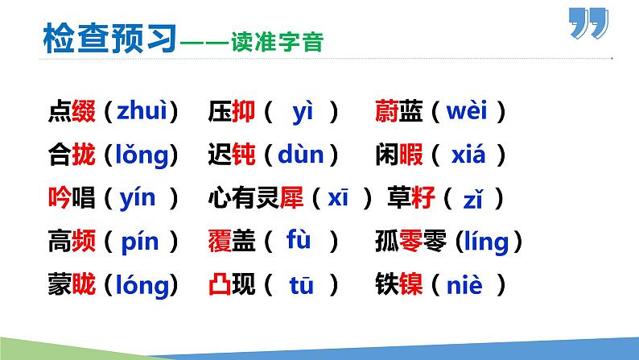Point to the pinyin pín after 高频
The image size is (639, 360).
point(140,240)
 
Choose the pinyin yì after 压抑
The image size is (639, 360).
point(302,111)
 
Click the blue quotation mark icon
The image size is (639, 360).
point(589,24)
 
